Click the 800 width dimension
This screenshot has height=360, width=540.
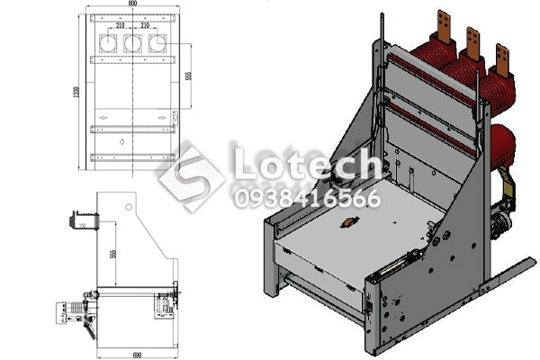pos(132,5)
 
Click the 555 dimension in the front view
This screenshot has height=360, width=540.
pos(188,76)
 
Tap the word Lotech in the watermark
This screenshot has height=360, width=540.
pos(306,165)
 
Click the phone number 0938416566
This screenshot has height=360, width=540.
pos(306,199)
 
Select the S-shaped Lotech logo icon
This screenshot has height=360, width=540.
pos(192,177)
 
